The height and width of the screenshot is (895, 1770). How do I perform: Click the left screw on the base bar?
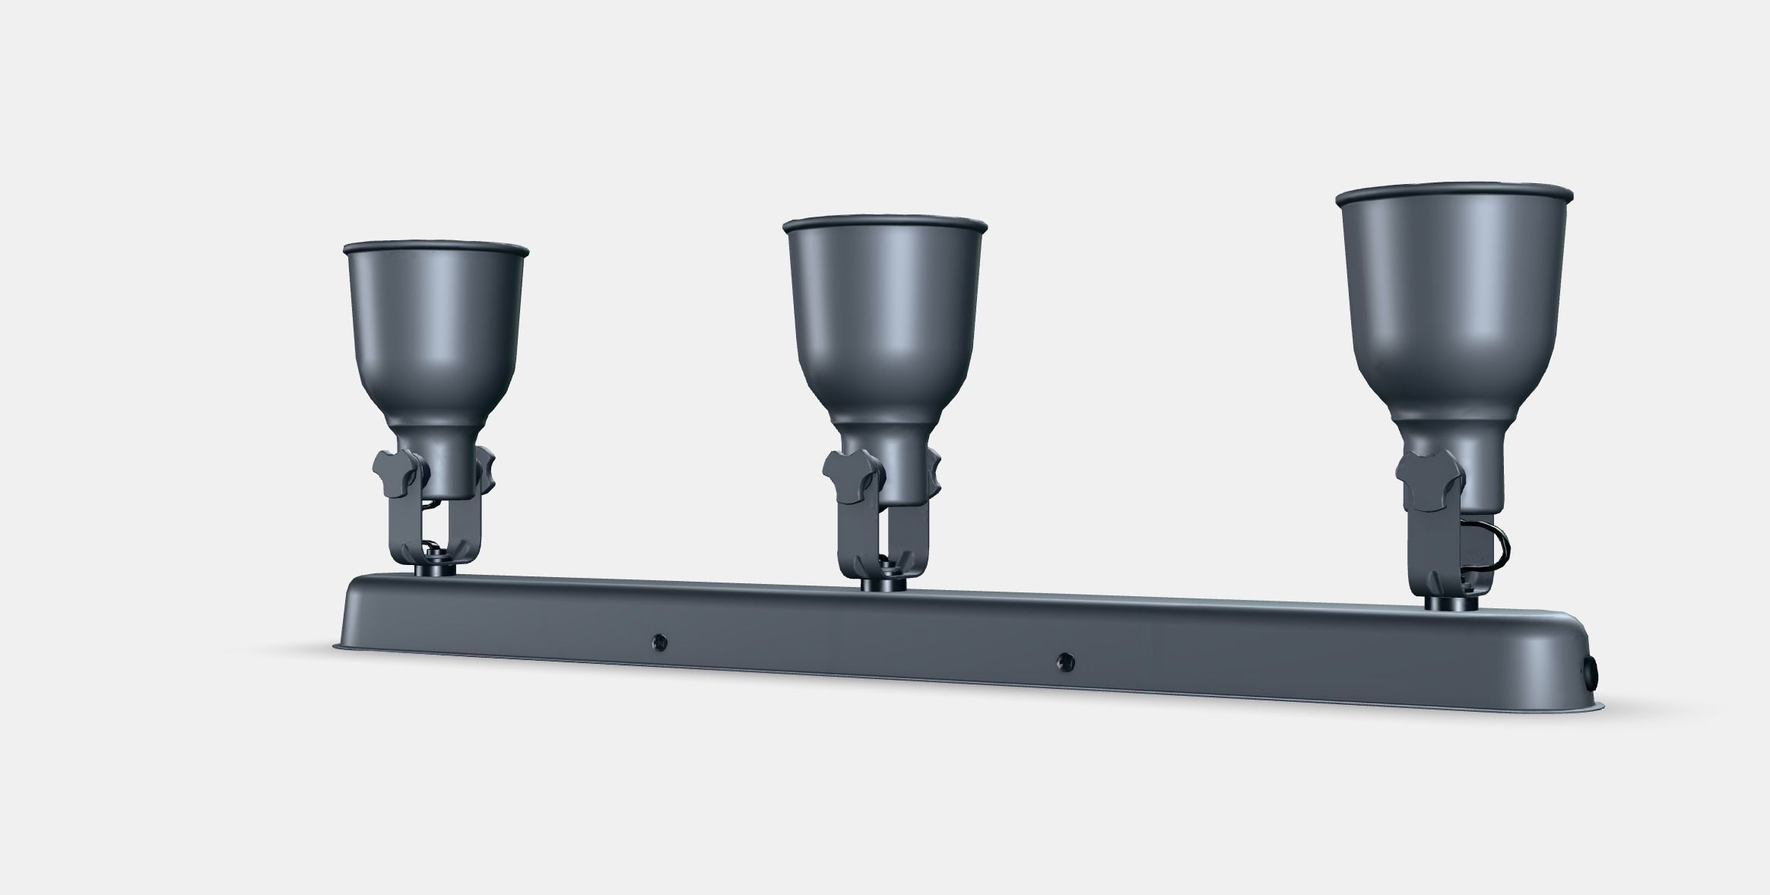coord(659,643)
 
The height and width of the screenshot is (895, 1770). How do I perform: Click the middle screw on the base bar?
coord(1065,663)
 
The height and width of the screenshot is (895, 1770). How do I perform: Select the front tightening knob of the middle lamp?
coord(849,475)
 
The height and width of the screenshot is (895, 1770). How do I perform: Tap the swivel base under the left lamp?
coord(434,569)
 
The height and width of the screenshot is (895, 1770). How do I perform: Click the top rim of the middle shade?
coord(884,225)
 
